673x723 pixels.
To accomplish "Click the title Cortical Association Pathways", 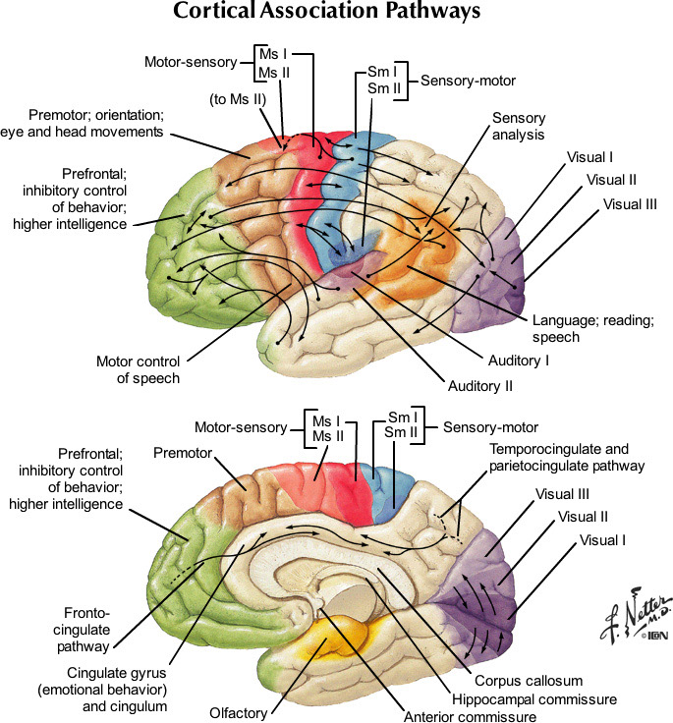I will pyautogui.click(x=326, y=14).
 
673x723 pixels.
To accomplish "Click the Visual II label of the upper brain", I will pyautogui.click(x=611, y=180).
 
